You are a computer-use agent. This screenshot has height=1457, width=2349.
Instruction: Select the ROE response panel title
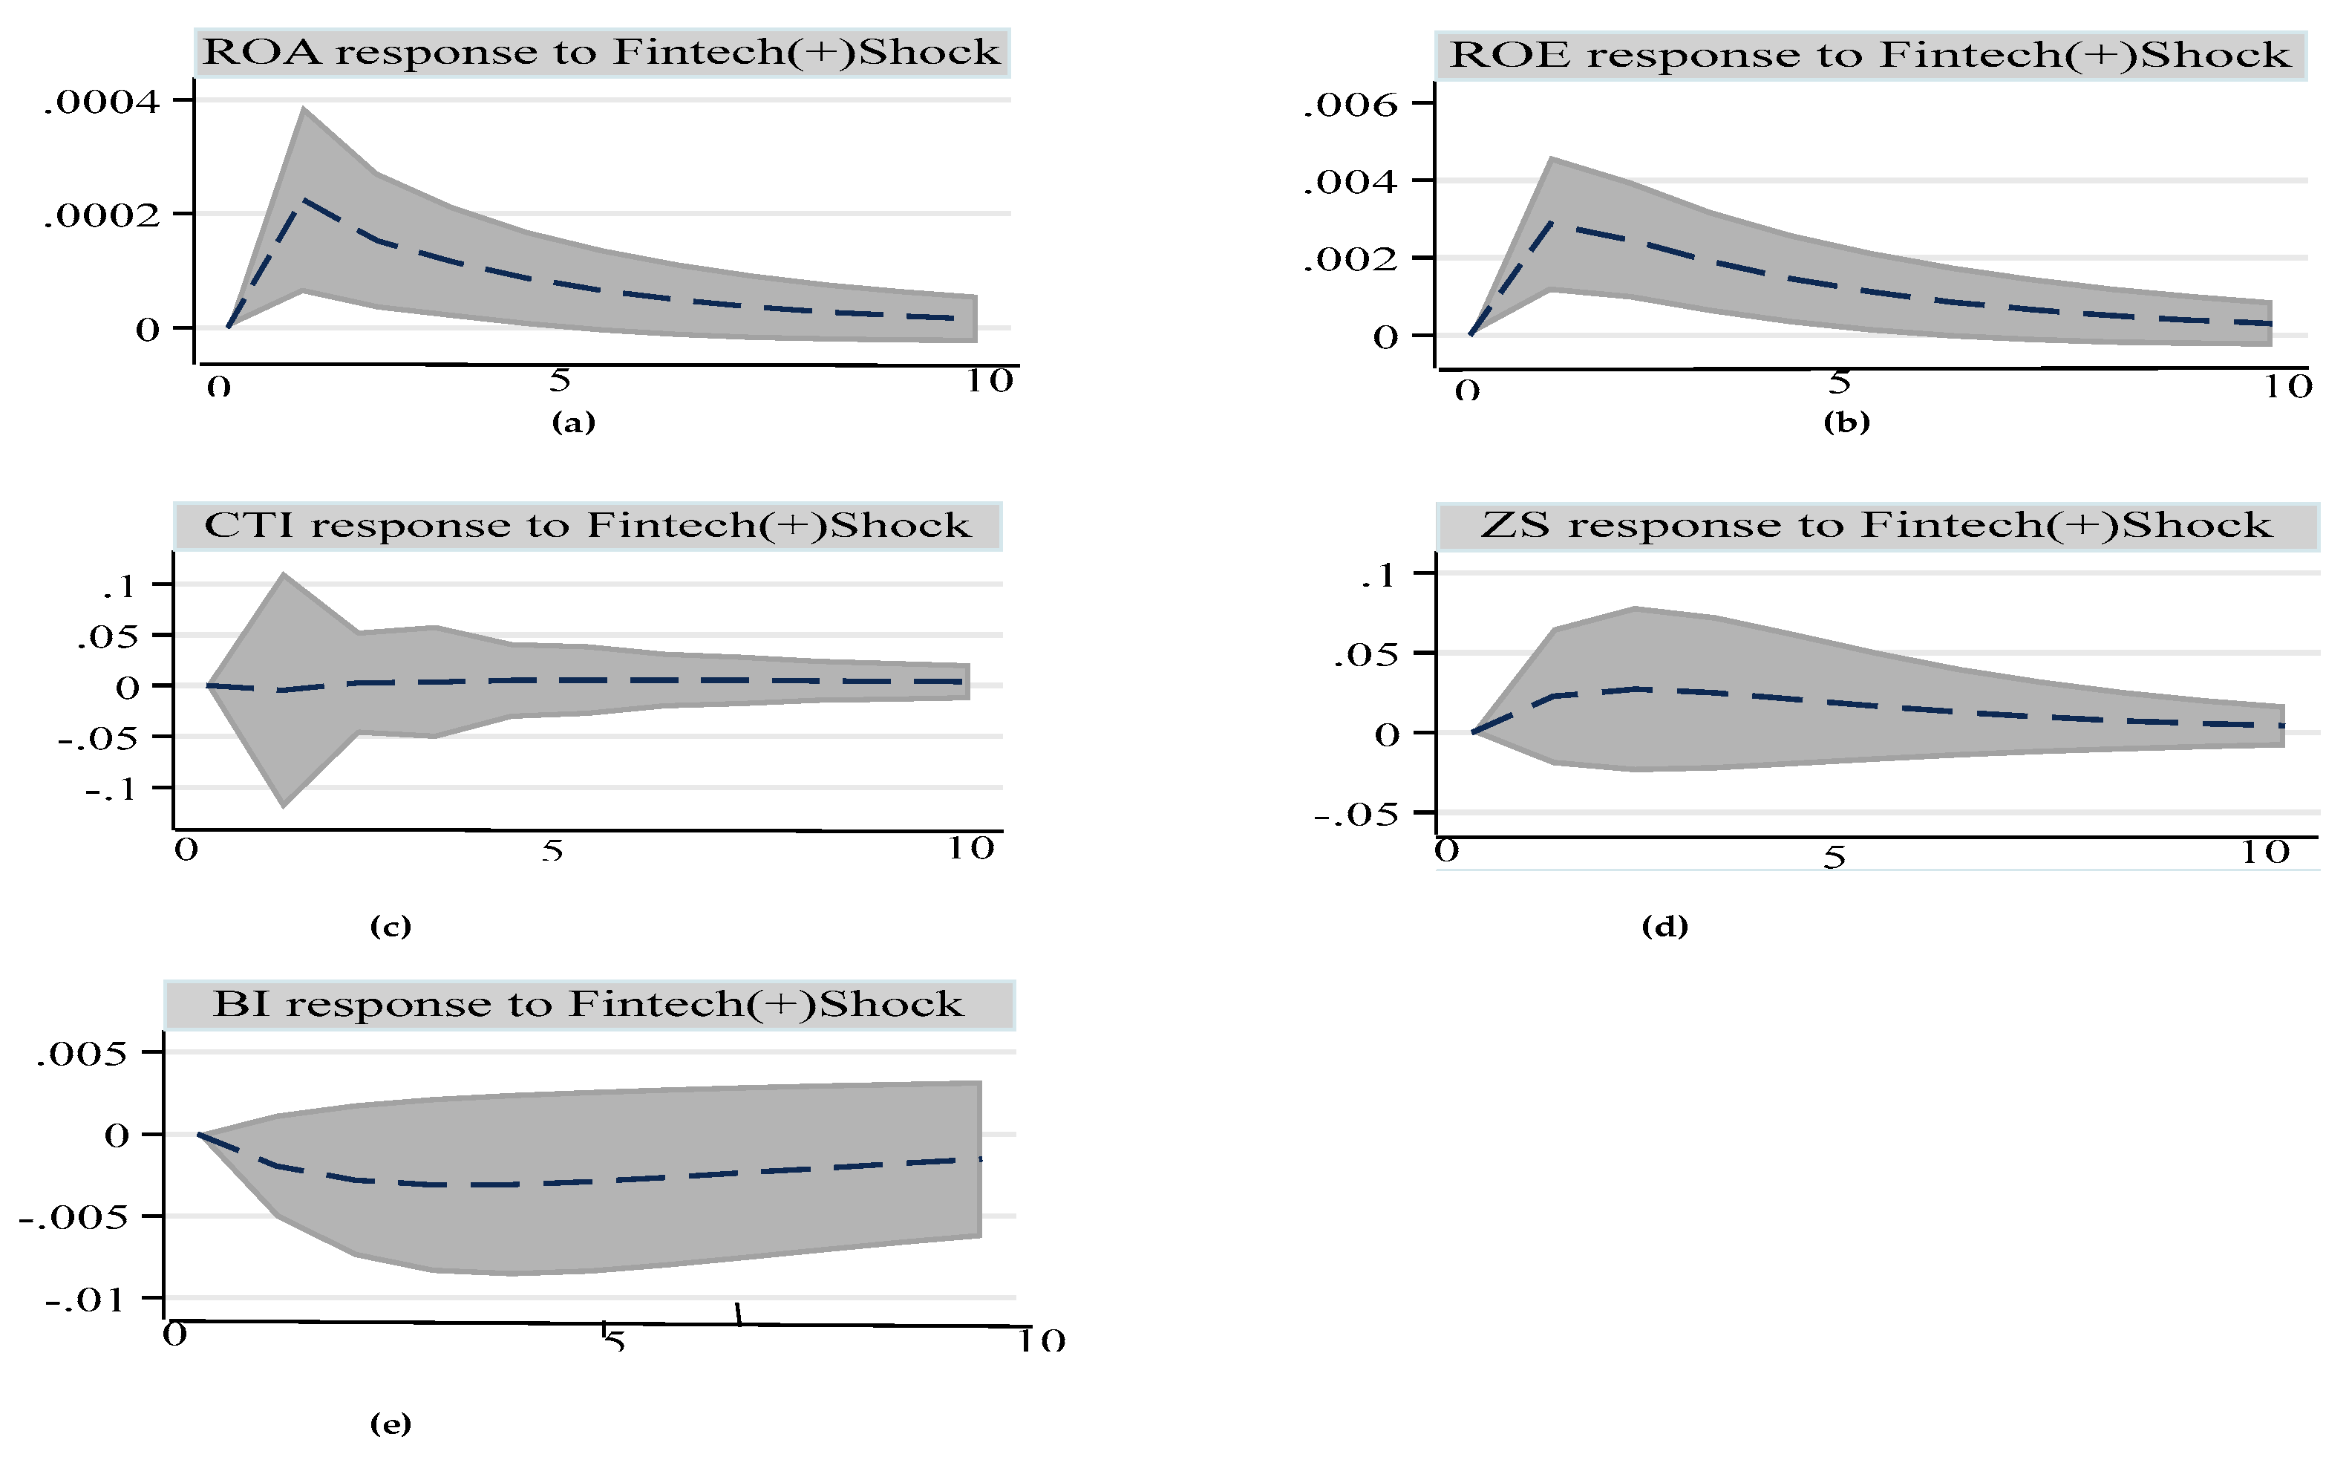1869,55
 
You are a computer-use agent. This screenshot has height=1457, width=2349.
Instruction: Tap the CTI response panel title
587,525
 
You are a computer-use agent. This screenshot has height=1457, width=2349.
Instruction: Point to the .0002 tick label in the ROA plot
101,215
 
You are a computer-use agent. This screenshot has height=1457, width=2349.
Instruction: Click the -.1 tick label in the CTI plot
111,790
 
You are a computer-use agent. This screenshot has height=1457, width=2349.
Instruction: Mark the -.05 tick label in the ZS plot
1356,815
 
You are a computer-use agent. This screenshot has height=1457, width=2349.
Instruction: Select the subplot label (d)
1664,926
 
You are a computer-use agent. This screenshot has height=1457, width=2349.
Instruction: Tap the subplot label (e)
390,1424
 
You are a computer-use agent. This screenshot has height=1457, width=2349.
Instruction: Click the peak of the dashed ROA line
304,200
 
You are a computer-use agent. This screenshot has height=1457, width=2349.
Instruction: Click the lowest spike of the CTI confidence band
283,806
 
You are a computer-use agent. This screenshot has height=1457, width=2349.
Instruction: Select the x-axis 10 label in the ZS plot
2264,852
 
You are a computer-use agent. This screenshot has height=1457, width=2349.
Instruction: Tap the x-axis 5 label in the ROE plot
1840,382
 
